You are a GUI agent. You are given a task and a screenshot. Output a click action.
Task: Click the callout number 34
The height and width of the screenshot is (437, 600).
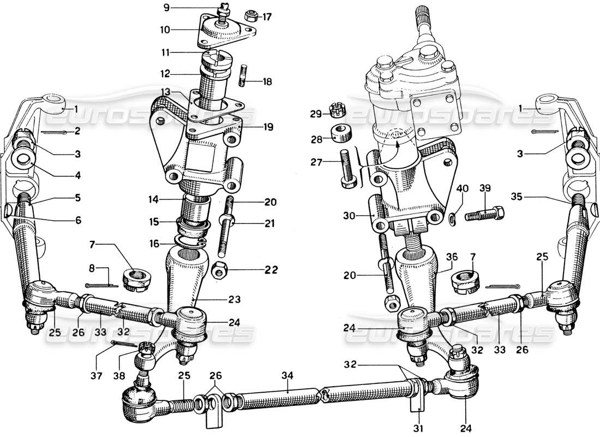(x=287, y=376)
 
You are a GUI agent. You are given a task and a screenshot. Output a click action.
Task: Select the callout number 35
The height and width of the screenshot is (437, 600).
(x=518, y=196)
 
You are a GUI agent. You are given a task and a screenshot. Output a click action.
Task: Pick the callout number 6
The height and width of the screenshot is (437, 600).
(x=79, y=221)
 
